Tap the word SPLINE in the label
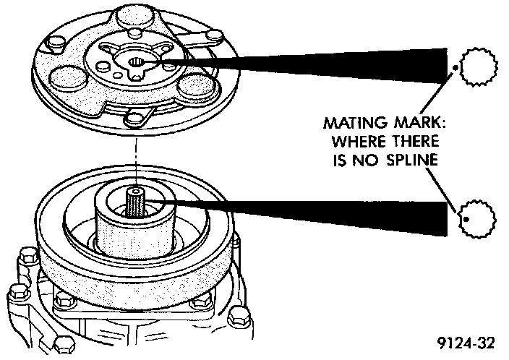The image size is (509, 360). [x=410, y=160]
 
